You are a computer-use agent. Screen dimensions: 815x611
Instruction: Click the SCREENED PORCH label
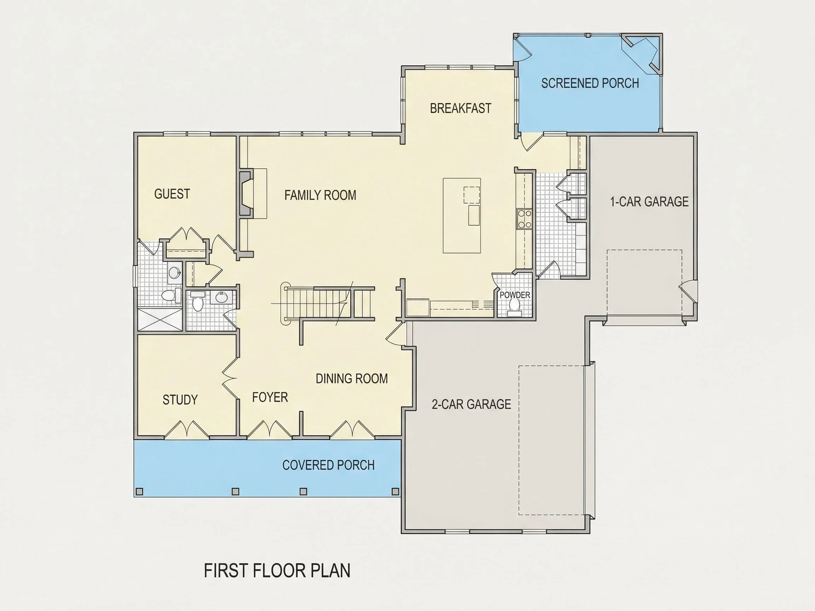(x=590, y=83)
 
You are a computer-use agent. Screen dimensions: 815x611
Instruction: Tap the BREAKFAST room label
(x=461, y=108)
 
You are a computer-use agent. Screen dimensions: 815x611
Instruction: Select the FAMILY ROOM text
(x=320, y=195)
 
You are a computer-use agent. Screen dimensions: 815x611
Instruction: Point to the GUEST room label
(x=172, y=194)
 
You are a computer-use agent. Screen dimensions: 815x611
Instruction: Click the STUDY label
(x=180, y=400)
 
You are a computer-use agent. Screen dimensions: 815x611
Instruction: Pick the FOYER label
(x=270, y=397)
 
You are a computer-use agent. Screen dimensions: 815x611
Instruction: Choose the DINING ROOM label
(x=352, y=379)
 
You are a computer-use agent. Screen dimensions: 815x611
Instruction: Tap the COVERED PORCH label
(x=328, y=465)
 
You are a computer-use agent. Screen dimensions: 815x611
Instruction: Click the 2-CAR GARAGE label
(x=471, y=405)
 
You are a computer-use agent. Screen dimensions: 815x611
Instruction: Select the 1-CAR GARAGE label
(x=649, y=202)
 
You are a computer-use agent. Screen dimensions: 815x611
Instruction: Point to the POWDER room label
(x=515, y=295)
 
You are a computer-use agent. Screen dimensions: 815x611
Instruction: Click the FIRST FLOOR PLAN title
(x=277, y=570)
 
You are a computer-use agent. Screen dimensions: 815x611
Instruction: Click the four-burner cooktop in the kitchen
(x=524, y=219)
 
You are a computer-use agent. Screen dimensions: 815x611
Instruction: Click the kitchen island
(x=462, y=215)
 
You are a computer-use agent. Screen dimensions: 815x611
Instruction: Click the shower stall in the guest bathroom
(x=160, y=320)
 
